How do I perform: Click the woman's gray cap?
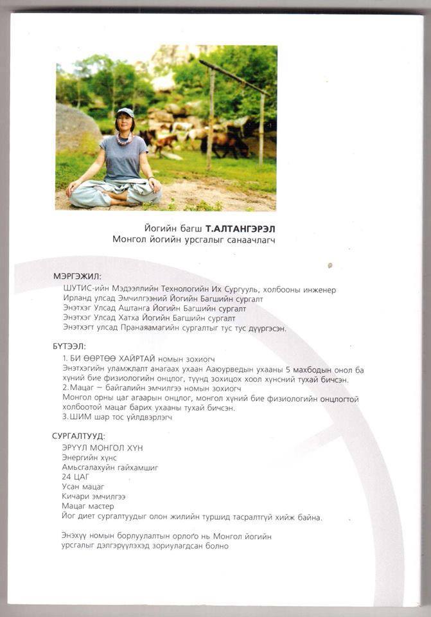coord(126,113)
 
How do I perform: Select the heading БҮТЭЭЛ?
coord(69,346)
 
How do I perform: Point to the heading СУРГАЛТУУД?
coord(79,436)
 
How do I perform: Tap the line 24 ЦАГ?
coord(75,478)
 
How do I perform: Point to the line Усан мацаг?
coord(83,487)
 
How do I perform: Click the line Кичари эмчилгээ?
coord(93,497)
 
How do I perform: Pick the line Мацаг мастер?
coord(87,506)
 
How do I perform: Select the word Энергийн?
coord(82,458)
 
